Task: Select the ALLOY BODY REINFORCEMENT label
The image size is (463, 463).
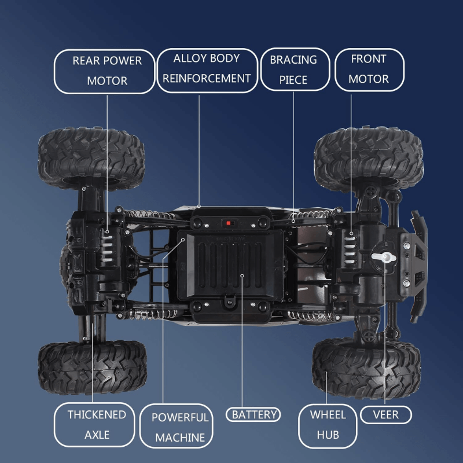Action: (x=206, y=69)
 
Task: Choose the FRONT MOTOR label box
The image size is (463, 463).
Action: (x=369, y=69)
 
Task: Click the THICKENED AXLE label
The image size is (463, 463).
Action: (x=97, y=425)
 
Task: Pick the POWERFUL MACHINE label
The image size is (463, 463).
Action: (x=180, y=427)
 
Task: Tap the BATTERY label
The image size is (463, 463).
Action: (x=255, y=414)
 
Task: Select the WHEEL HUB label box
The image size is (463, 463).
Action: (x=328, y=425)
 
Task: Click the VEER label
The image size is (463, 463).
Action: (x=385, y=414)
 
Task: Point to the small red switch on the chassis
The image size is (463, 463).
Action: (x=229, y=223)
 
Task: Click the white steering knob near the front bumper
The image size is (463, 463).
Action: (x=381, y=256)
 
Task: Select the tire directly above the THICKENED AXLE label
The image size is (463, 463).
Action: (x=93, y=367)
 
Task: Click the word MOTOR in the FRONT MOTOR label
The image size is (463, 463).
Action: (x=369, y=79)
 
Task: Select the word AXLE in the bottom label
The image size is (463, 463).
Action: (x=97, y=435)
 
